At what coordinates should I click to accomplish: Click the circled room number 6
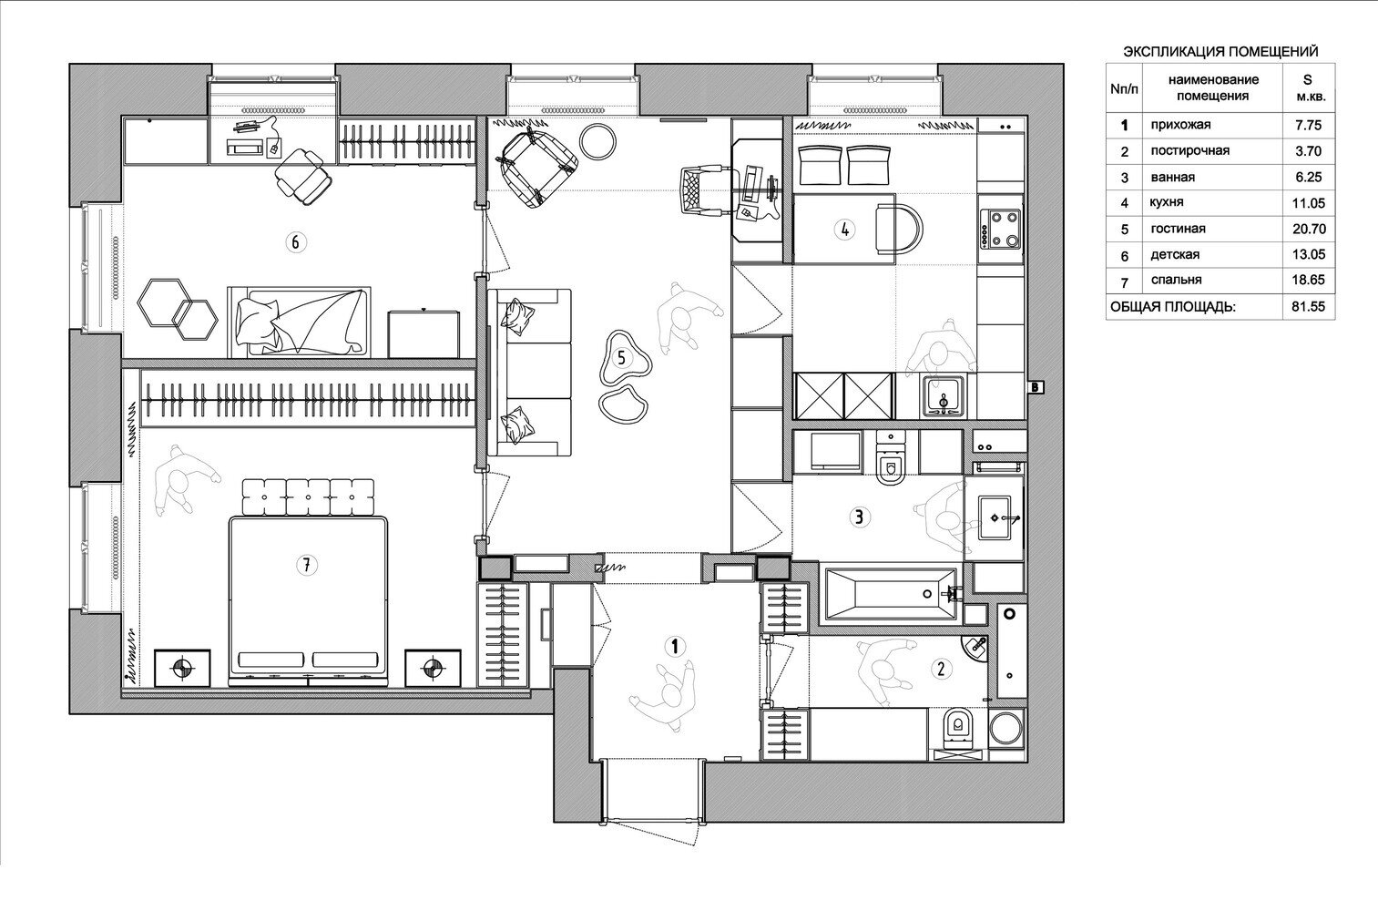[295, 242]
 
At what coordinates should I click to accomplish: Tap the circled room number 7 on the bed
[306, 564]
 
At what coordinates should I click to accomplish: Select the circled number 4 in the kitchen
[844, 230]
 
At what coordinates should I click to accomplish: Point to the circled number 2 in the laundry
[941, 668]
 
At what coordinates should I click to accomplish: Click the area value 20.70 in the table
[1309, 229]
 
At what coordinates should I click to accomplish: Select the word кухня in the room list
[1167, 201]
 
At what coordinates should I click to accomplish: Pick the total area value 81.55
[1309, 306]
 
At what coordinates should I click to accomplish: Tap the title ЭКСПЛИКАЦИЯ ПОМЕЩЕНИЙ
[1221, 52]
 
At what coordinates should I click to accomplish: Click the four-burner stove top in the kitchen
[1001, 229]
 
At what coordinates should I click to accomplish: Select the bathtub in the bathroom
[891, 594]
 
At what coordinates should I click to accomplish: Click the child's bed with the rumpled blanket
[299, 322]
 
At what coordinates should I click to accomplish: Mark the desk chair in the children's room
[302, 175]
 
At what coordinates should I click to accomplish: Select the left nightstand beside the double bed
[181, 668]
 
